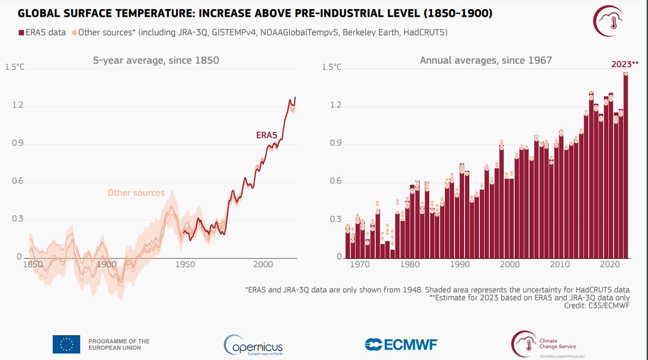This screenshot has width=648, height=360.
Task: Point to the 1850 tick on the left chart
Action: tap(33, 265)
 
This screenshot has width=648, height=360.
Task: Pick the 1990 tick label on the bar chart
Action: tap(460, 265)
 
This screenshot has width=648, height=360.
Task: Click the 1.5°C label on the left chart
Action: tap(15, 67)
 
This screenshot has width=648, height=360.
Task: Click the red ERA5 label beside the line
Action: tap(267, 135)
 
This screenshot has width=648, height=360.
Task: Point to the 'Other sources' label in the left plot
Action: tap(136, 193)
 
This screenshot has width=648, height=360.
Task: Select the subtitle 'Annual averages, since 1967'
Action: tap(486, 60)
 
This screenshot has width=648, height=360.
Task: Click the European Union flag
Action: tap(66, 344)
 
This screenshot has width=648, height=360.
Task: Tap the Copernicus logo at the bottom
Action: tap(253, 344)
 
